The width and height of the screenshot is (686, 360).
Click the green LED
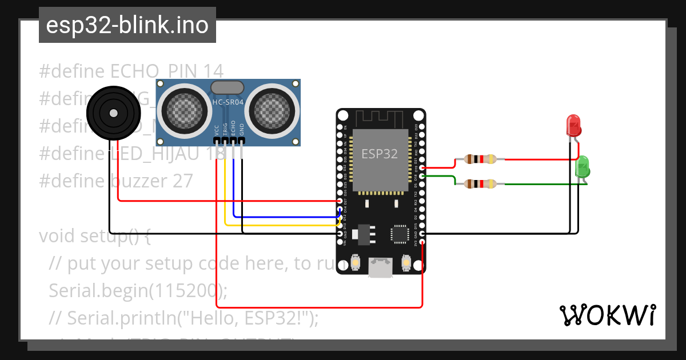click(583, 167)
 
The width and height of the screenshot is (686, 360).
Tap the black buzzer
click(113, 113)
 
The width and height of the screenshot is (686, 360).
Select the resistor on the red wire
click(479, 160)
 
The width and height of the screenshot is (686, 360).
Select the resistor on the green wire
click(479, 183)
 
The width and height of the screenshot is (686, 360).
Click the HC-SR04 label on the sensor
click(228, 102)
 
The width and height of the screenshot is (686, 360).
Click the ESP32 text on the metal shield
click(380, 153)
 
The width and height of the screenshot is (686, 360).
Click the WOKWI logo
click(607, 315)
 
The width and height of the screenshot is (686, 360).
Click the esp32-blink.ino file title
click(127, 26)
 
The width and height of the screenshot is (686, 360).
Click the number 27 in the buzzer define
click(182, 181)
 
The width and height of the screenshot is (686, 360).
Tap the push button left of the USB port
click(356, 262)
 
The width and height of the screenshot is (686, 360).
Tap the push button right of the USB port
click(406, 262)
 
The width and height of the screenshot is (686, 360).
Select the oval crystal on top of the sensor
click(228, 87)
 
